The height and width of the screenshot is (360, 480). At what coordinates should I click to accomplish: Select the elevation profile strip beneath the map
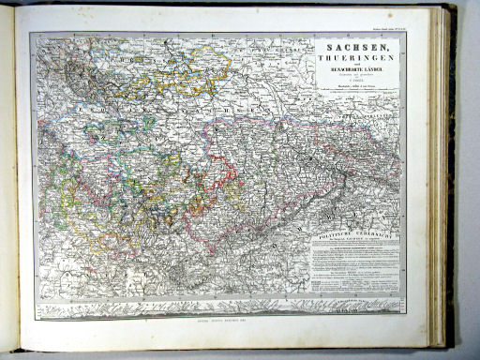click(x=216, y=306)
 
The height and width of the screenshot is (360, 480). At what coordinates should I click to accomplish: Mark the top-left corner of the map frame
click(x=29, y=34)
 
